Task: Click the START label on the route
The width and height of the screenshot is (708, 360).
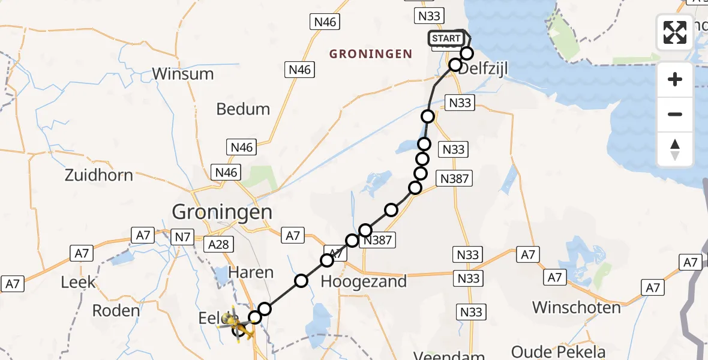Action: tap(446, 39)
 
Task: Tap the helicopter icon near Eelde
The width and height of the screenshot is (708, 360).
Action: tap(235, 326)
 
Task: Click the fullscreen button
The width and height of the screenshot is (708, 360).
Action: tap(675, 32)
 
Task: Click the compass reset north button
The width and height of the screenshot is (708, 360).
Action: tap(675, 149)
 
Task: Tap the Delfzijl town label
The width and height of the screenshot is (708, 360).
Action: tap(483, 69)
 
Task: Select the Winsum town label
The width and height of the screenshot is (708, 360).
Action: tap(182, 74)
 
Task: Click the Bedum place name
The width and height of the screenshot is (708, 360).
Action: tap(243, 109)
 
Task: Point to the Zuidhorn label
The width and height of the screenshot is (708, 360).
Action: tap(99, 176)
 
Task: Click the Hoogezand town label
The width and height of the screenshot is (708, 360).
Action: tap(364, 281)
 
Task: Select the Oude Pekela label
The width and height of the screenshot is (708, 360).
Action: tap(558, 352)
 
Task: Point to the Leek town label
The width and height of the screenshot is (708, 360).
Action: tap(78, 282)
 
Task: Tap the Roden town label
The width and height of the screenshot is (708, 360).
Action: tap(116, 311)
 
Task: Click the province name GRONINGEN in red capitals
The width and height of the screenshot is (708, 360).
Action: tap(371, 54)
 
